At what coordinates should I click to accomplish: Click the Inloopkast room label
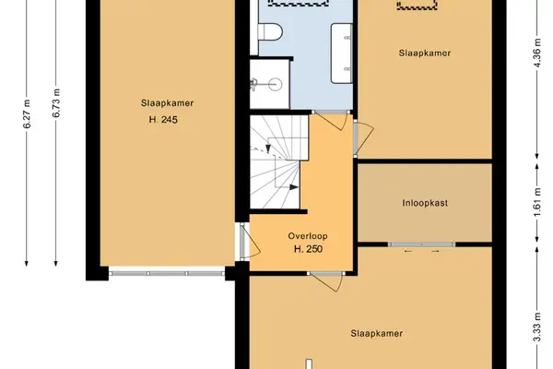tap(425, 203)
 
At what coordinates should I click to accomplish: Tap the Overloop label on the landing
tap(308, 236)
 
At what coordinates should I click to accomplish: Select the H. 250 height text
tap(308, 249)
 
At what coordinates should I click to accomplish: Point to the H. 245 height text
tap(163, 119)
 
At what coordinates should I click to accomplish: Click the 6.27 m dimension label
tap(27, 114)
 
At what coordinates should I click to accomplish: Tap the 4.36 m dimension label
tap(536, 53)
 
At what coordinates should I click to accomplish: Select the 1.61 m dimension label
tap(536, 203)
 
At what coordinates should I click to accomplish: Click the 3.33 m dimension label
tap(536, 327)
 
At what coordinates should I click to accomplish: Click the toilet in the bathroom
tap(270, 32)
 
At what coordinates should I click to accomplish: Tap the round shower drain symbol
tap(275, 84)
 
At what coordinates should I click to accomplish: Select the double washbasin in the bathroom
tap(341, 54)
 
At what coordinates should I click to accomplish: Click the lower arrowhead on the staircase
tap(294, 187)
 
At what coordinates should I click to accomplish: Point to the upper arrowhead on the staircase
tap(268, 149)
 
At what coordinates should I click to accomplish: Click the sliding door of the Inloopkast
tap(421, 244)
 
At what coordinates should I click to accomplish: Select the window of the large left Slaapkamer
tap(167, 273)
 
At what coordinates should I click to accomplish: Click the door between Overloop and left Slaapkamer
tap(249, 241)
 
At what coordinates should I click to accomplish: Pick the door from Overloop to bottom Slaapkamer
tap(326, 281)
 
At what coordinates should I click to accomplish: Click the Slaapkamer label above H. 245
tap(167, 103)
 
